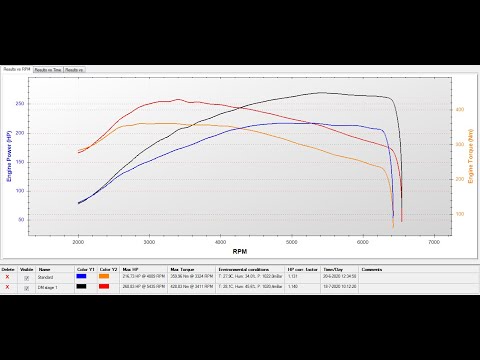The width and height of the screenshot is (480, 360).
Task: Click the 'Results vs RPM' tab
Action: point(15,70)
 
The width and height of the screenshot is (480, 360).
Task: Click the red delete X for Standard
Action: point(8,278)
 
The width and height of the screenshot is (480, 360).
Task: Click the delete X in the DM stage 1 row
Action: point(8,288)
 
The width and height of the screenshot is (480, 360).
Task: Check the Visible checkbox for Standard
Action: point(28,278)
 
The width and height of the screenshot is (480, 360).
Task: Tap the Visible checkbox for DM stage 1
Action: point(28,288)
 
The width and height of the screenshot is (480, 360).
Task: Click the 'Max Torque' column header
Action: point(181,270)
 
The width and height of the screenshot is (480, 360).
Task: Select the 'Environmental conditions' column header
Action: point(241,270)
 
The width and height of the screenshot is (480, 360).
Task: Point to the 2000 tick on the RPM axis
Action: point(78,243)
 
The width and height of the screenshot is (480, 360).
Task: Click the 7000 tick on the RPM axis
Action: point(433,243)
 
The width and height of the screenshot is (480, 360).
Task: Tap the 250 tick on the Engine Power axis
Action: point(21,104)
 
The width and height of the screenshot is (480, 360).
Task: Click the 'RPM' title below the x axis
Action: point(240,252)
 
